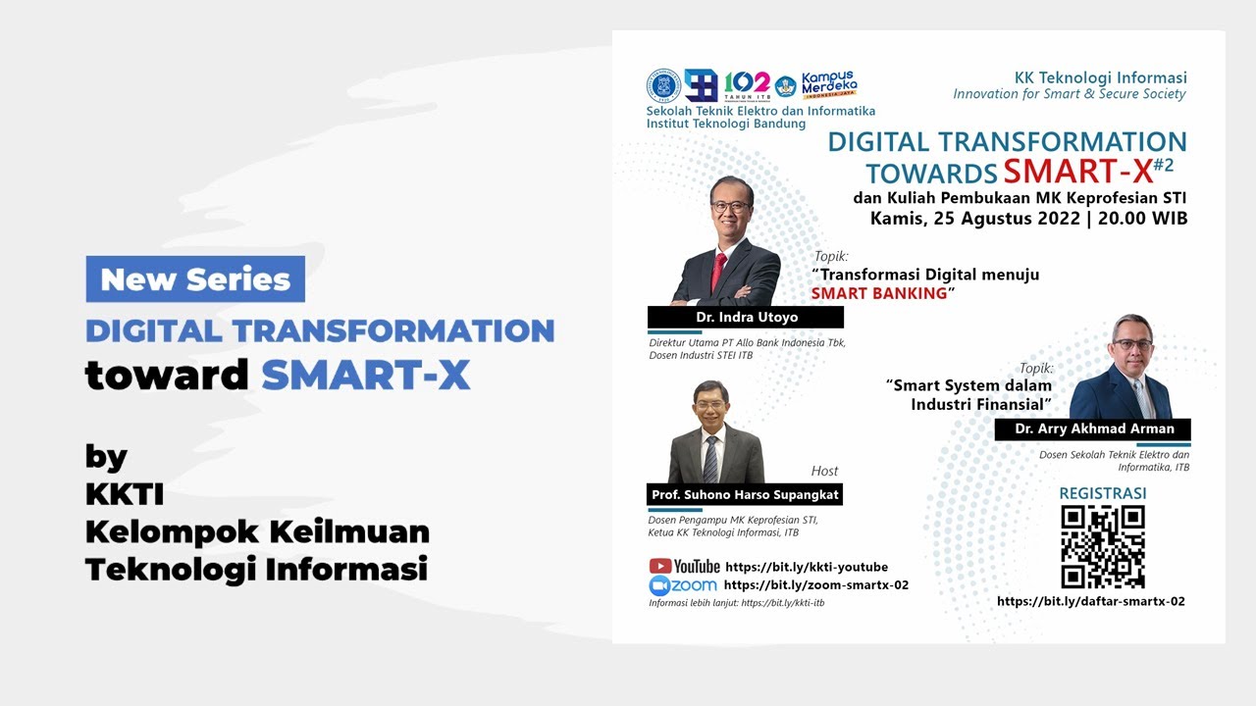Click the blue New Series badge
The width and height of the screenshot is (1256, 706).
click(195, 279)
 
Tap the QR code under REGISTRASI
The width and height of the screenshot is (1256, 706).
click(1103, 547)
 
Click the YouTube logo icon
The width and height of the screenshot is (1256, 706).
click(660, 566)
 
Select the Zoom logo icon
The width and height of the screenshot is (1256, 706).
click(659, 585)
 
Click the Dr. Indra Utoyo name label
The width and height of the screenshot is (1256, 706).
click(745, 318)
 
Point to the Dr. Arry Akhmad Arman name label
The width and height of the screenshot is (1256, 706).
click(1092, 429)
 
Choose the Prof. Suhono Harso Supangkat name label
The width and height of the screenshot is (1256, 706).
click(745, 495)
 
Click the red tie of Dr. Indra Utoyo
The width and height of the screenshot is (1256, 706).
click(718, 270)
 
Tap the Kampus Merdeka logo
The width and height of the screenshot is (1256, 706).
click(827, 85)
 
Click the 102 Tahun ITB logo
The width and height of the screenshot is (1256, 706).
click(746, 85)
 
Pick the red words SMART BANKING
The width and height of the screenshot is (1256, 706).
click(879, 293)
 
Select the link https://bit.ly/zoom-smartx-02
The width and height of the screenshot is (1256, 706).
click(816, 585)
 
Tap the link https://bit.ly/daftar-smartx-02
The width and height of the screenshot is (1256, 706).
click(1091, 601)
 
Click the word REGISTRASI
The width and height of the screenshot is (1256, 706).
click(1103, 492)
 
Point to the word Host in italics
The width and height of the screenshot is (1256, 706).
click(824, 471)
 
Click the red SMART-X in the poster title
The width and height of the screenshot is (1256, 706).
click(1077, 172)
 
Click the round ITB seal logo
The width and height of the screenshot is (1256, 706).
click(663, 86)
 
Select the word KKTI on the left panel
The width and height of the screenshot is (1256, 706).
click(126, 494)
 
